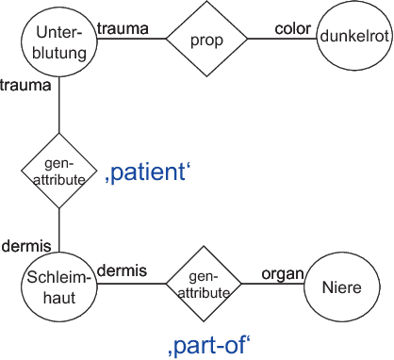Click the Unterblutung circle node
click(x=58, y=39)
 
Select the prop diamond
click(x=206, y=39)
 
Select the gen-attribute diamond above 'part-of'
click(x=205, y=286)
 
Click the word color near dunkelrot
click(x=291, y=27)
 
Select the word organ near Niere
click(x=283, y=273)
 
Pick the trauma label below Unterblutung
click(x=26, y=85)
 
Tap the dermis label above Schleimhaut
click(x=25, y=245)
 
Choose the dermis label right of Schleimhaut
click(x=123, y=271)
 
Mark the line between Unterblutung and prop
click(x=132, y=40)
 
